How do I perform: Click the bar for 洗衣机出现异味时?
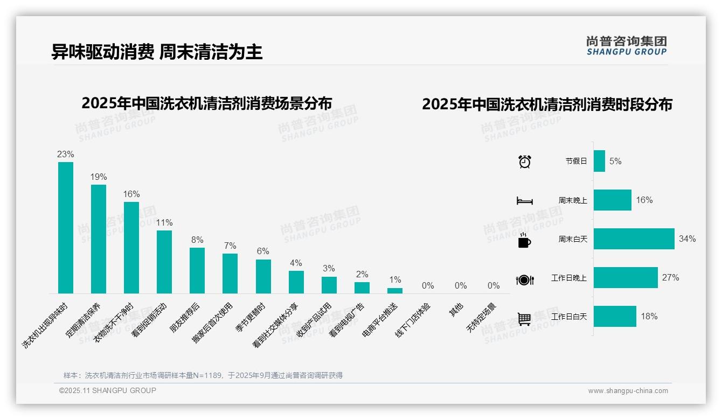coord(66,228)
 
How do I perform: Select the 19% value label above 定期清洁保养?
coord(99,177)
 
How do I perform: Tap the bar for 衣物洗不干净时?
coord(131,248)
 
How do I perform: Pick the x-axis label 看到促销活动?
coord(149,320)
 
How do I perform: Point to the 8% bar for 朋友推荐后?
coord(197,270)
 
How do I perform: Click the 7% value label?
coord(230,246)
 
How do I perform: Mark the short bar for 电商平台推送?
coord(395,291)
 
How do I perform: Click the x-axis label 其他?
coord(456,310)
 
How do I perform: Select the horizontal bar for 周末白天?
coord(634,239)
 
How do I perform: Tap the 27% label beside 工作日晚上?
coord(671,278)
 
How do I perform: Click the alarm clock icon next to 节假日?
coord(525,162)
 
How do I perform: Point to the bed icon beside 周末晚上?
coord(525,201)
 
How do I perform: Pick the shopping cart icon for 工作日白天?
coord(525,319)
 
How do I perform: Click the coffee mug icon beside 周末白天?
coord(524,240)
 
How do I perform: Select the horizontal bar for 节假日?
coord(599,161)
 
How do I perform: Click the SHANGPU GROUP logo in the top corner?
coord(627,46)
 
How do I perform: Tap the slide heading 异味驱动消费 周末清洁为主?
coord(157,52)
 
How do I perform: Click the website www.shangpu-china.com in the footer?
coord(628,391)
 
